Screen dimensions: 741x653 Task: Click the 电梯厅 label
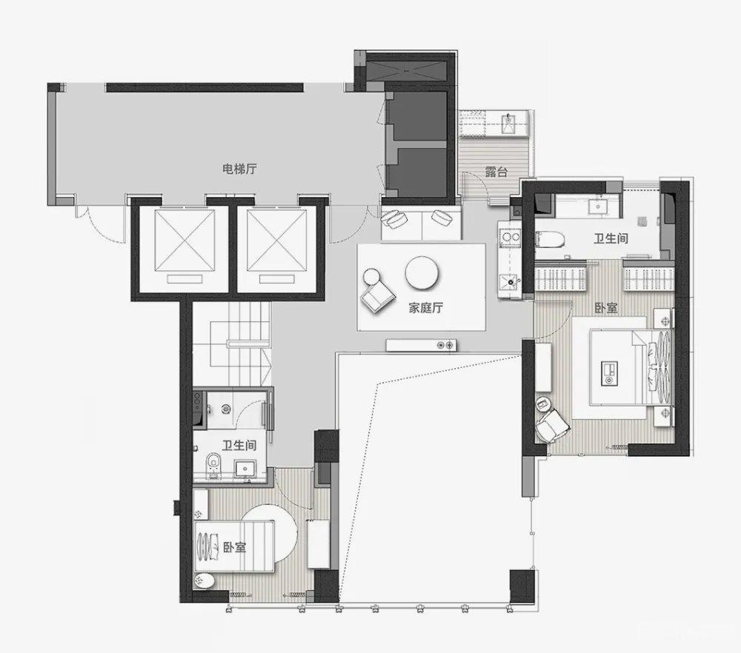click(x=239, y=169)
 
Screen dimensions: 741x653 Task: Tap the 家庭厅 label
click(x=426, y=308)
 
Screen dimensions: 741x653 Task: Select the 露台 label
click(x=496, y=172)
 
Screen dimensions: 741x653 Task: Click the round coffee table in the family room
click(x=422, y=273)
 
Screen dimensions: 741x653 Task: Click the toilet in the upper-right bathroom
click(x=550, y=240)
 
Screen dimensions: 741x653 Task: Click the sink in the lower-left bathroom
click(x=245, y=469)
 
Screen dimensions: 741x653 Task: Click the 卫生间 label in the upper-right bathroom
click(x=611, y=238)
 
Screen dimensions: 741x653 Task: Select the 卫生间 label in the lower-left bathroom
click(x=239, y=445)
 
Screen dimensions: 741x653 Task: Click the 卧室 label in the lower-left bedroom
click(x=235, y=547)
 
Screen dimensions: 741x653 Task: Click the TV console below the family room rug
click(x=422, y=346)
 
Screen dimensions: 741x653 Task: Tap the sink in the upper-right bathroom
click(x=598, y=206)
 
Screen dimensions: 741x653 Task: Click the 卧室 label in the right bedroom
click(x=606, y=308)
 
